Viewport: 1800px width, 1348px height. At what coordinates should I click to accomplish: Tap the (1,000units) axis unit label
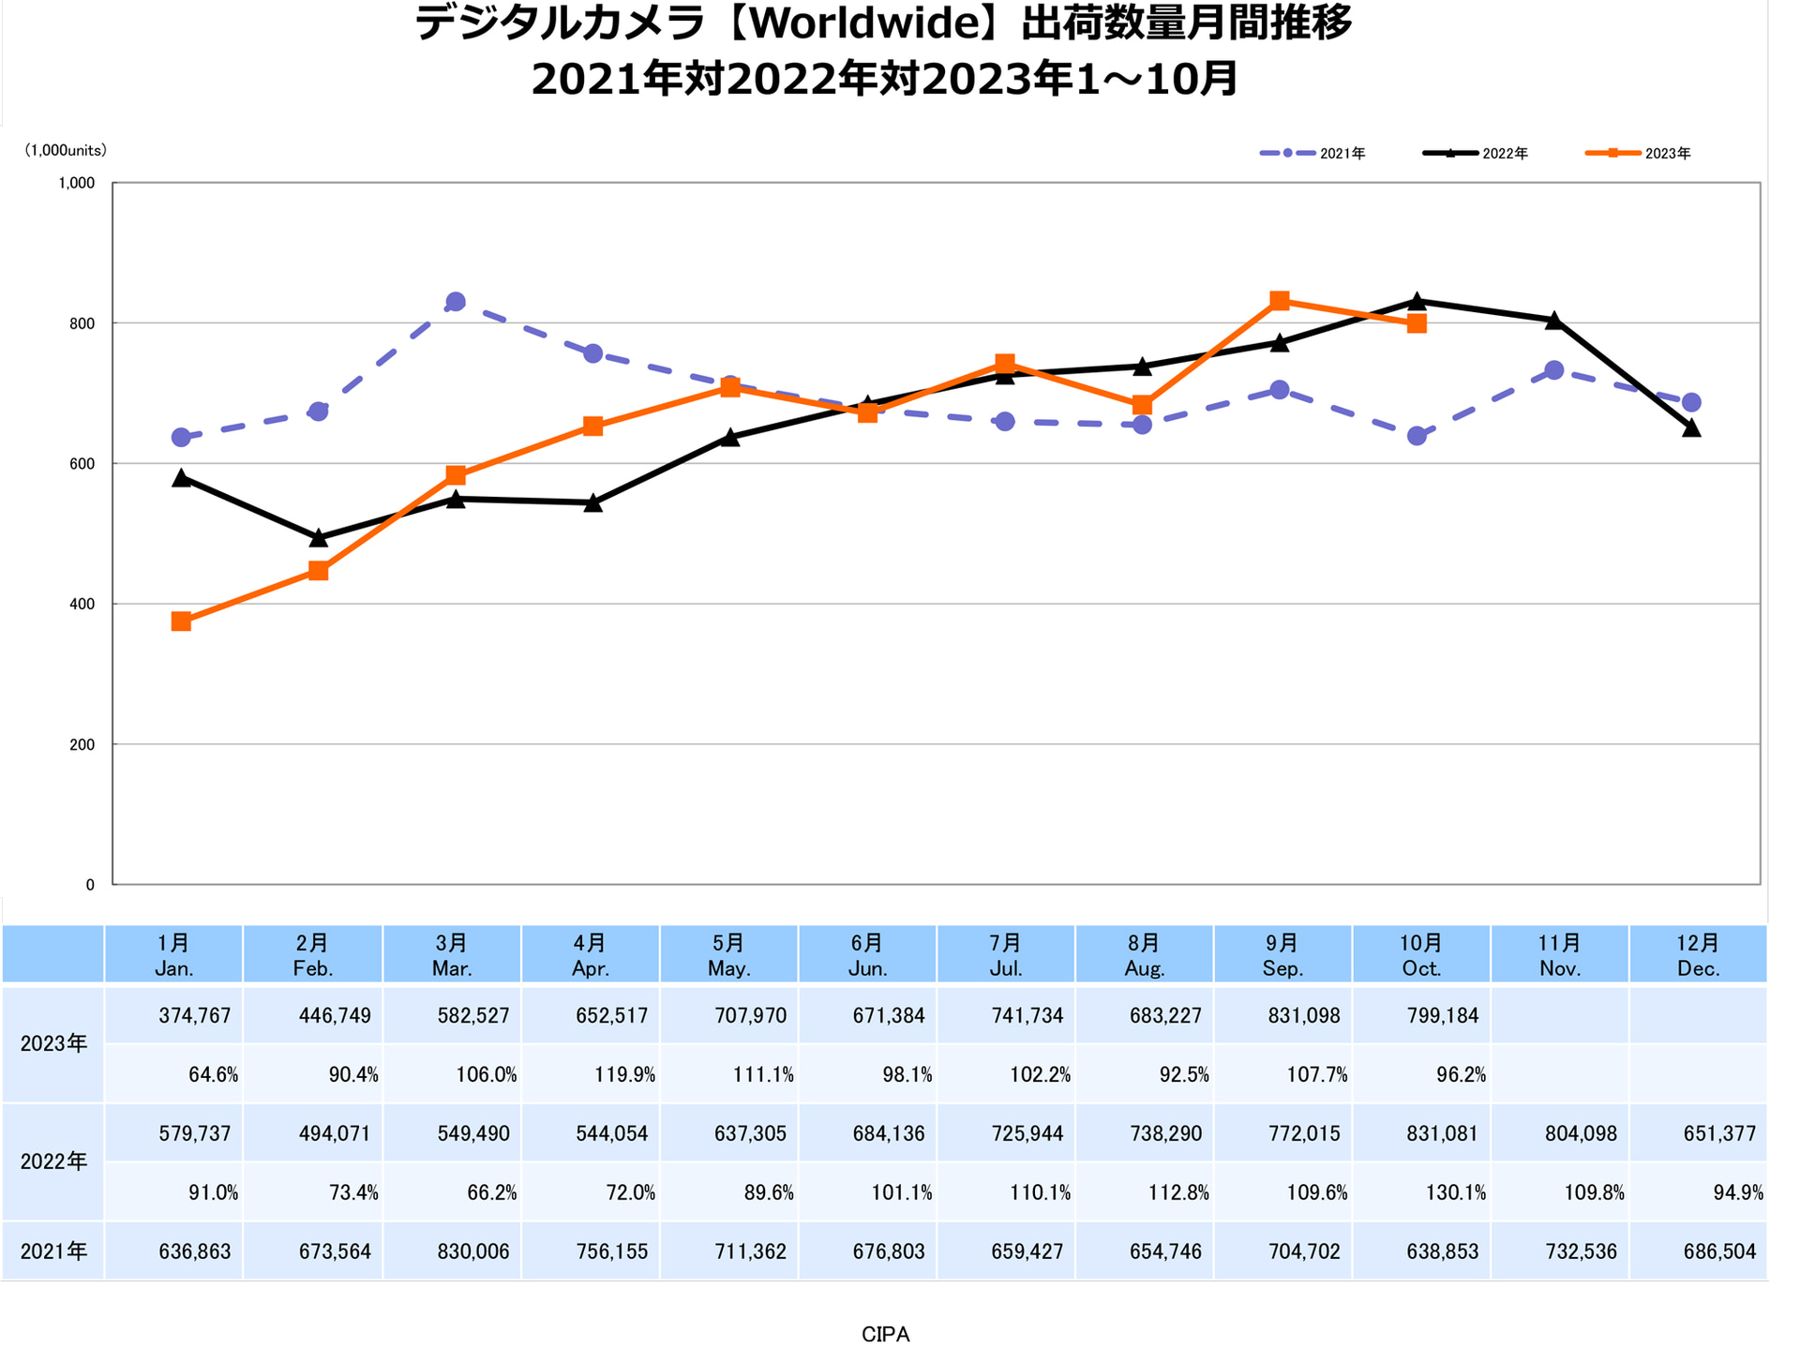(x=66, y=150)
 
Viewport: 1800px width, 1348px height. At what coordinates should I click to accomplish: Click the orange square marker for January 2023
(x=182, y=622)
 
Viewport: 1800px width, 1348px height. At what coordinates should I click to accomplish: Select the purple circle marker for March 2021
(x=456, y=302)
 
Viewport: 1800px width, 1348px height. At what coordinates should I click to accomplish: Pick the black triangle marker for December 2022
(x=1691, y=427)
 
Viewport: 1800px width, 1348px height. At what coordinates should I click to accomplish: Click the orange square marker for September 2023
(x=1280, y=301)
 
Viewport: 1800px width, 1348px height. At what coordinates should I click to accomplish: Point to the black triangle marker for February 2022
(x=319, y=537)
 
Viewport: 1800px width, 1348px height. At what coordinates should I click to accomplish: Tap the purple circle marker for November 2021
(x=1554, y=370)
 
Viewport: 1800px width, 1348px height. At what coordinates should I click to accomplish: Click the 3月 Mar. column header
(x=452, y=955)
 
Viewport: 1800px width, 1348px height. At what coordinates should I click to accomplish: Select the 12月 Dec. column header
(x=1698, y=955)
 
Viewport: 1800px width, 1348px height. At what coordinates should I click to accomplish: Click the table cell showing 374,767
(x=195, y=1016)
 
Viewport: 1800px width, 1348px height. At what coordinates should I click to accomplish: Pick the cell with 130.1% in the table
(x=1456, y=1192)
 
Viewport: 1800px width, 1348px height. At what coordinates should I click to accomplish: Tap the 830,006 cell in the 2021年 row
(x=473, y=1251)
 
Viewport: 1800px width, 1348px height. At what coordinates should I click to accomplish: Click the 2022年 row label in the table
(x=53, y=1162)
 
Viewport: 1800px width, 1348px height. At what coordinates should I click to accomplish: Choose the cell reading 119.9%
(x=625, y=1075)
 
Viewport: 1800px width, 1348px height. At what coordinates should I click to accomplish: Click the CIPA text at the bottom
(x=885, y=1334)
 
